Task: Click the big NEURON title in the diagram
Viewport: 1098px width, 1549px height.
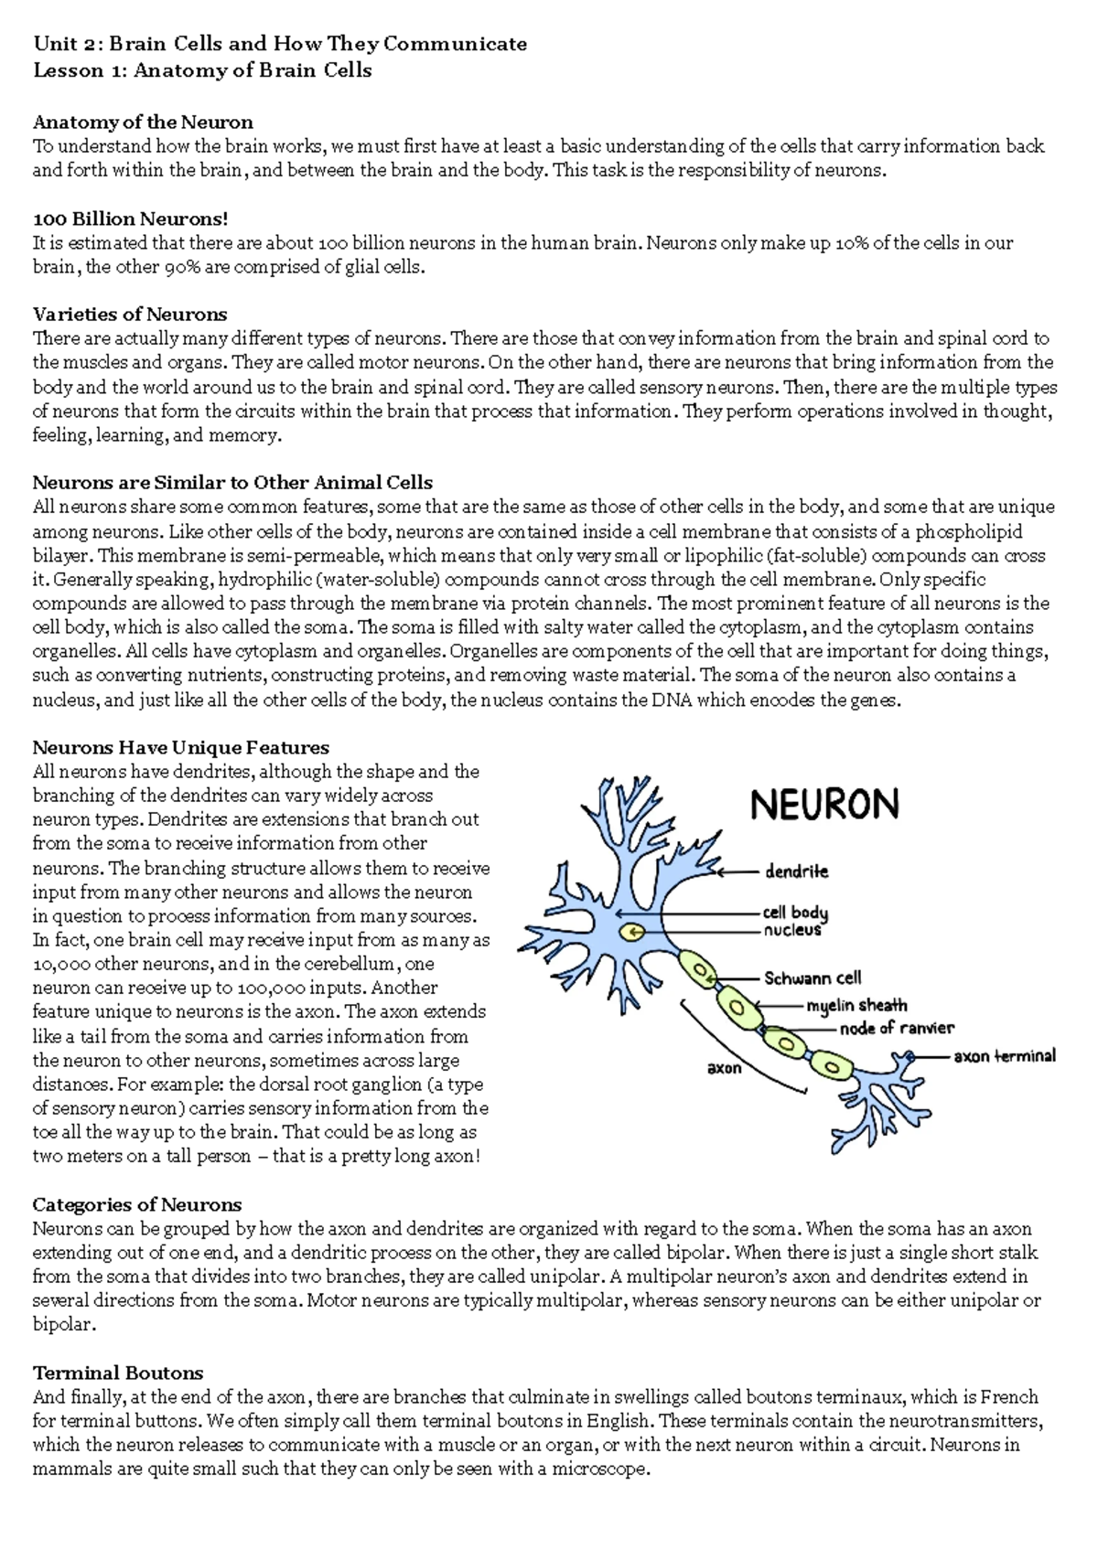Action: (824, 804)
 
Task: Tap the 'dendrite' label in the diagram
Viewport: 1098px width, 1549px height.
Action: (796, 871)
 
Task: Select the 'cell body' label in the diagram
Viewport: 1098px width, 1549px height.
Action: (795, 913)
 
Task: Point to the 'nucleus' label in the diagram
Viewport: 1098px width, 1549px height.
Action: (792, 930)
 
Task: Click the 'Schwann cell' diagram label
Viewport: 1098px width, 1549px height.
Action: (813, 978)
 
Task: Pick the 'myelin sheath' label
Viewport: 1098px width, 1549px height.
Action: (856, 1006)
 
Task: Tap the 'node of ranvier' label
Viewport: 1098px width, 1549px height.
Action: (897, 1028)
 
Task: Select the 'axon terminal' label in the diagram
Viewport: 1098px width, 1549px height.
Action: (1004, 1056)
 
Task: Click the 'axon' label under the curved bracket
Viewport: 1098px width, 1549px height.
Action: (725, 1067)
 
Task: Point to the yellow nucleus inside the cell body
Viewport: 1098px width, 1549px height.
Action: (631, 932)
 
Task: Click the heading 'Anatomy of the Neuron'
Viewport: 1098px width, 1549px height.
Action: (143, 122)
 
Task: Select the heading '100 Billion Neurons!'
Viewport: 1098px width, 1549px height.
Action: (130, 219)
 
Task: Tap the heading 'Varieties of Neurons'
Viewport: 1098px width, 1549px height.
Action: (130, 315)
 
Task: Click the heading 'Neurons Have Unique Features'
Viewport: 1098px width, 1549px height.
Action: (181, 747)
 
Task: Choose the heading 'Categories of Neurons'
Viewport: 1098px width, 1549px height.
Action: (137, 1204)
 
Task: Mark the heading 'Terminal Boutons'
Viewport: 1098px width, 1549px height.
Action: (118, 1373)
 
